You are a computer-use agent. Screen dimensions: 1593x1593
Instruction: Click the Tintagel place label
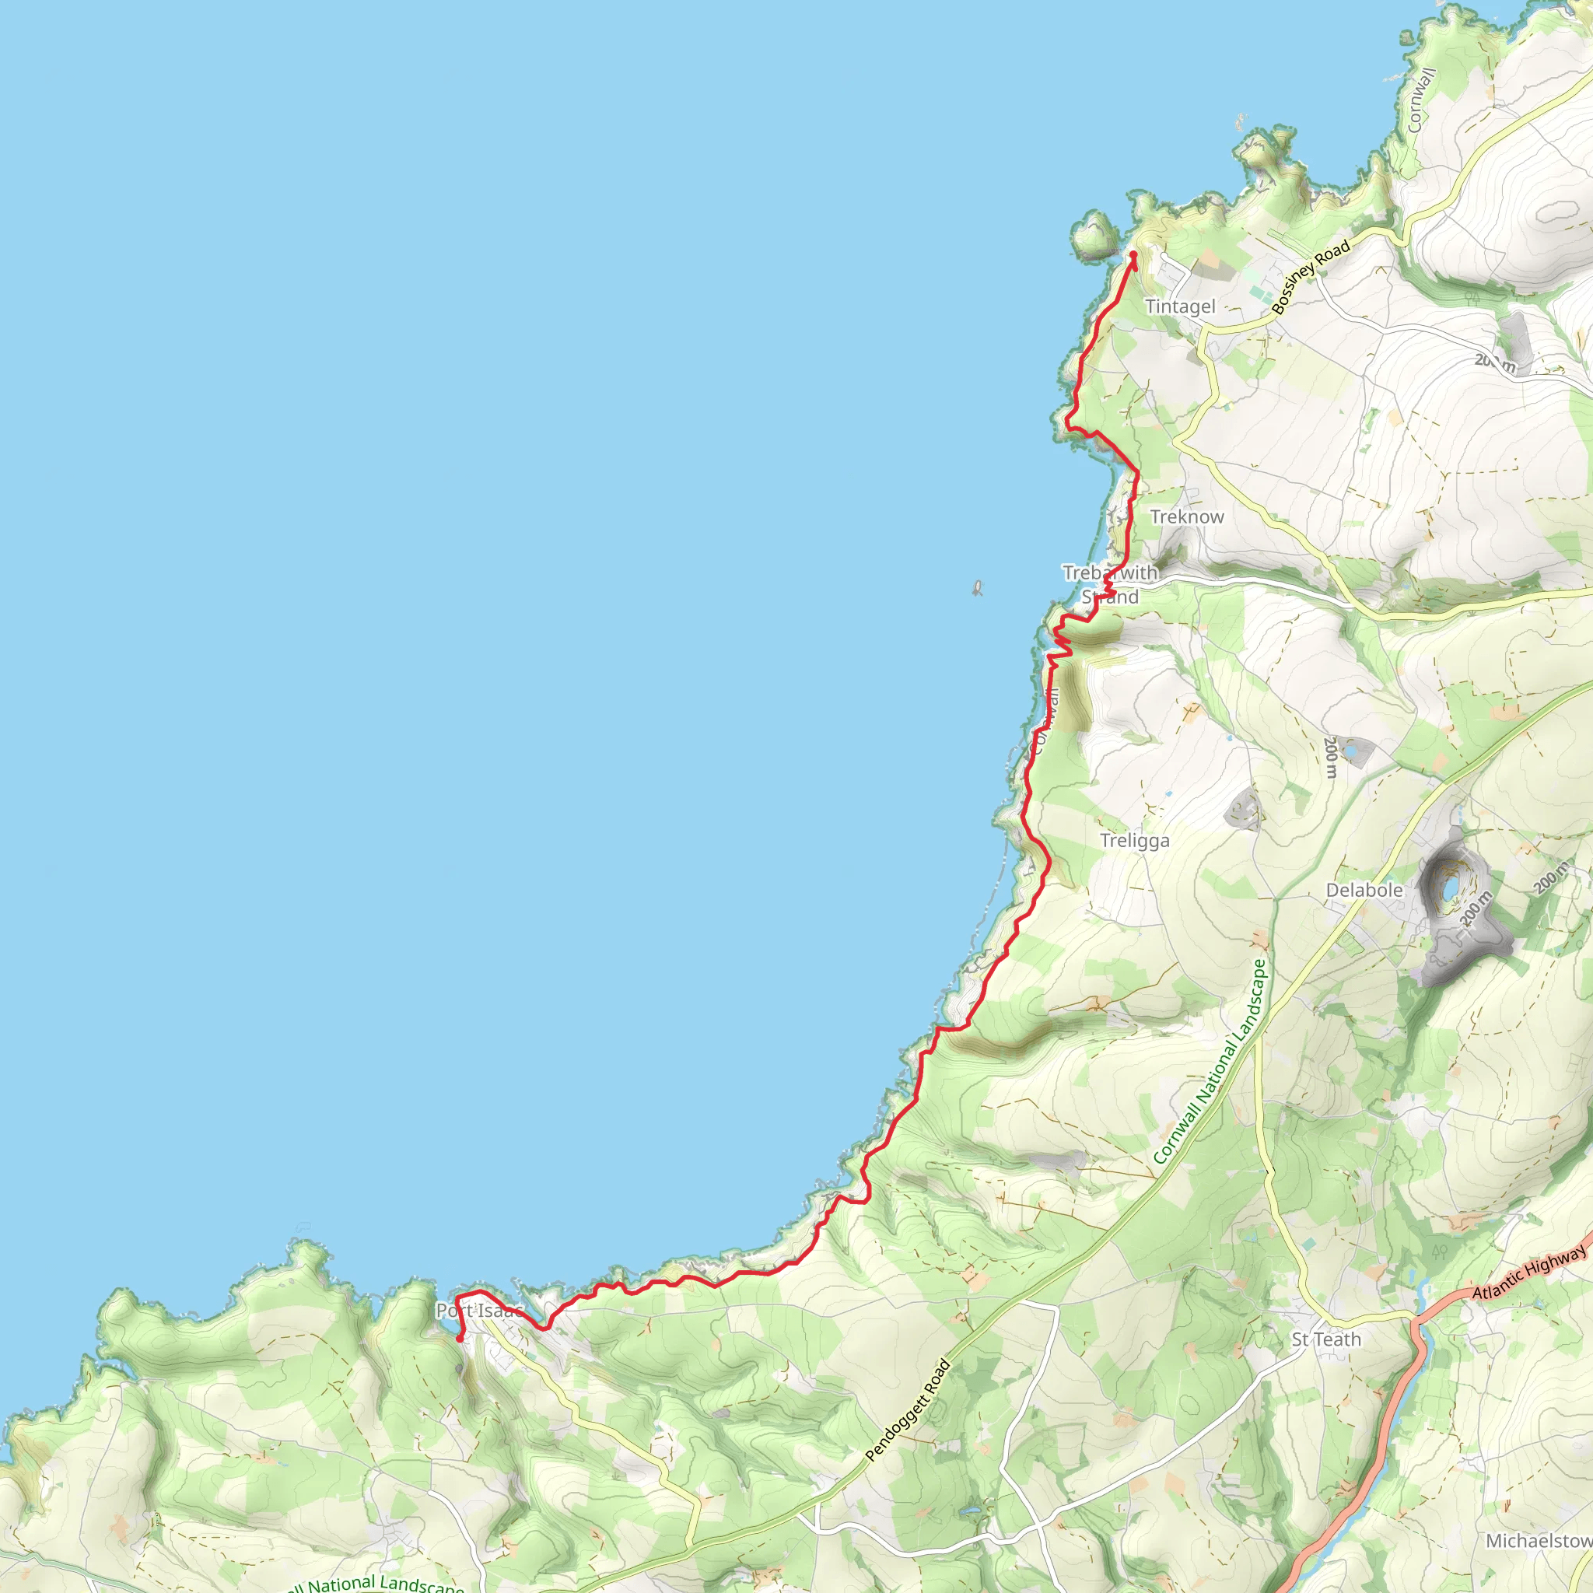pyautogui.click(x=1180, y=306)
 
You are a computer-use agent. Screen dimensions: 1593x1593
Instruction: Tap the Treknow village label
pyautogui.click(x=1186, y=517)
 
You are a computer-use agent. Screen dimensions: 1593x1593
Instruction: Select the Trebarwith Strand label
pyautogui.click(x=1110, y=585)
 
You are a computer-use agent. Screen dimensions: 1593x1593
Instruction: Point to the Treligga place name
pyautogui.click(x=1135, y=841)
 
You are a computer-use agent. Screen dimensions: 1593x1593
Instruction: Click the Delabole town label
pyautogui.click(x=1364, y=891)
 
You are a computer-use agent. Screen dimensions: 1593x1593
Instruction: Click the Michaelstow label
pyautogui.click(x=1539, y=1541)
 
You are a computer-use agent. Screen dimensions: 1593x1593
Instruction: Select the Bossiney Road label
pyautogui.click(x=1310, y=276)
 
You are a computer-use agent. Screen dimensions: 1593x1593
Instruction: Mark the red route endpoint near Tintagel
pyautogui.click(x=1134, y=255)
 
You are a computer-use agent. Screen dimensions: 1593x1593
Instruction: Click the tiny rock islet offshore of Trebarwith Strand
pyautogui.click(x=977, y=588)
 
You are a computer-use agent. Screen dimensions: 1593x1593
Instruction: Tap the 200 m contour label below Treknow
pyautogui.click(x=1330, y=757)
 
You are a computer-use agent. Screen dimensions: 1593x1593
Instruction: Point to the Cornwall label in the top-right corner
pyautogui.click(x=1420, y=100)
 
